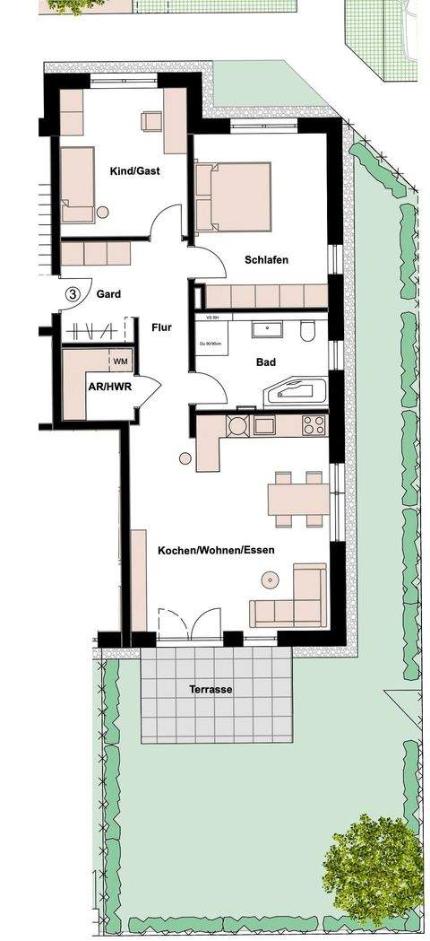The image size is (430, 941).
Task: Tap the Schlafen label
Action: (267, 260)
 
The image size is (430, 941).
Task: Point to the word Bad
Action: (266, 362)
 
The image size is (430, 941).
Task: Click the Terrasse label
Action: (211, 690)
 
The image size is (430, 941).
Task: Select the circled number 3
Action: (73, 293)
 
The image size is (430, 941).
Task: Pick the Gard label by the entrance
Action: (108, 293)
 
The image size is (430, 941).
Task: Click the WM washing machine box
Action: (121, 361)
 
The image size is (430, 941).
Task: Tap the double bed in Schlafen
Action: (236, 195)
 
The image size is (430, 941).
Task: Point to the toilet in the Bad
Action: (307, 331)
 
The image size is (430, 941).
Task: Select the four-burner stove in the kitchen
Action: (313, 424)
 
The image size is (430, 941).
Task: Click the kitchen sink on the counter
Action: (264, 425)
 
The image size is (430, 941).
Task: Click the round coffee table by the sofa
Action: (269, 580)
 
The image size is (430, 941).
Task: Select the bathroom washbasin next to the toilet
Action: (267, 329)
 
